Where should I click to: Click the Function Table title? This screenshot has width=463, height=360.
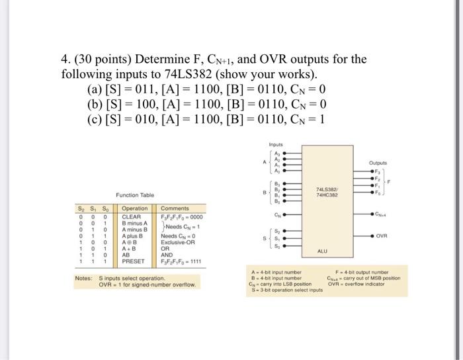tap(135, 195)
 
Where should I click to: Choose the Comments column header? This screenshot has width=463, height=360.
tap(175, 208)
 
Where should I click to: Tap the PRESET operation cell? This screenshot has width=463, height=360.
tap(134, 261)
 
